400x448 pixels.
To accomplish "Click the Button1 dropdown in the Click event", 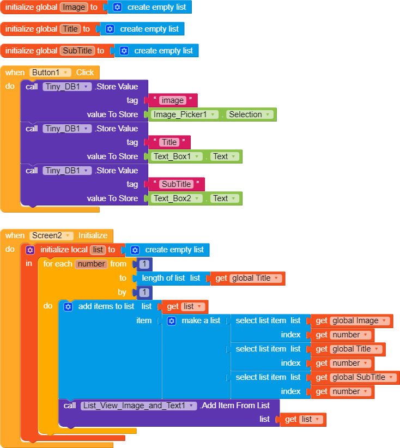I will pos(51,72).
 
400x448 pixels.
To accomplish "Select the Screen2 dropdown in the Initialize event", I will pos(52,235).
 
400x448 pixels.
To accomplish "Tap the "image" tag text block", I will pos(172,100).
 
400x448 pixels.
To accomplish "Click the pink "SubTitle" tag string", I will pos(176,184).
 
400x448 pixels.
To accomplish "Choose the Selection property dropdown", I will pos(249,114).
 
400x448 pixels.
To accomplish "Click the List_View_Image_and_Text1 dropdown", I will pos(138,405).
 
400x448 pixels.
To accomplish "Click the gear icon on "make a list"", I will pos(172,320).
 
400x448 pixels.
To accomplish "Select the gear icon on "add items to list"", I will pos(68,306).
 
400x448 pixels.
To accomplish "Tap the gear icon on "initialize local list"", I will pos(31,250).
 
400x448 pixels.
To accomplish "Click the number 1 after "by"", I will pos(144,292).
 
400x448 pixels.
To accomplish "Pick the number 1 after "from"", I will pos(144,264).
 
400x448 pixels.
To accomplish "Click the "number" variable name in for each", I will pos(90,264).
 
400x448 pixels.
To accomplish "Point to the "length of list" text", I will pos(163,278).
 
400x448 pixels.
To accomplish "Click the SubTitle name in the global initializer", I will pos(77,51).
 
